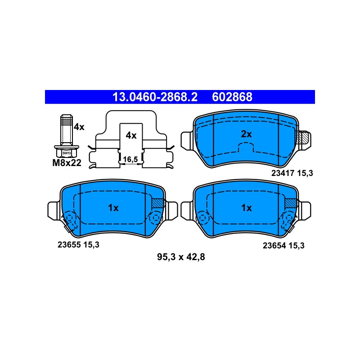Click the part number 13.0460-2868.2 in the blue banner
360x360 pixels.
click(155, 97)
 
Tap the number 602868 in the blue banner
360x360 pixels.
click(232, 97)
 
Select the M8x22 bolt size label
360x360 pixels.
click(67, 163)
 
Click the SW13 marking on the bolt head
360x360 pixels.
click(67, 153)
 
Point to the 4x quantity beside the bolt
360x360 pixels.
click(79, 127)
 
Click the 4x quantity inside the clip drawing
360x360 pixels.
click(131, 135)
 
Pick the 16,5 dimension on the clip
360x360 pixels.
click(130, 159)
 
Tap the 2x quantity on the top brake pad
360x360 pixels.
click(246, 134)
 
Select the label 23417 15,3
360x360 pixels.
click(292, 173)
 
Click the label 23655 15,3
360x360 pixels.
click(78, 245)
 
